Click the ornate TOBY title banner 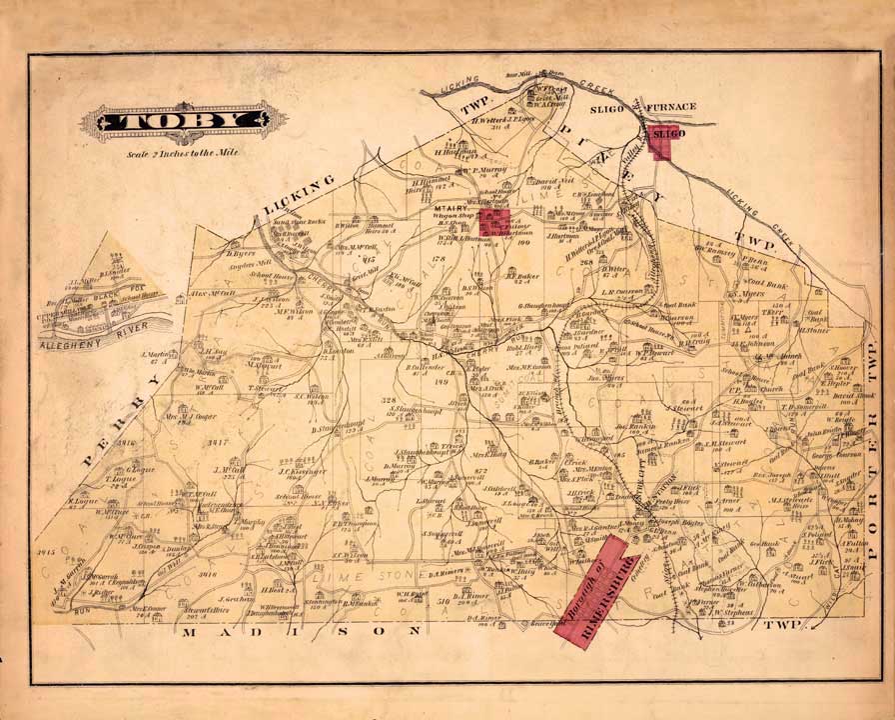177,121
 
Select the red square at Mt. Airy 493,222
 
